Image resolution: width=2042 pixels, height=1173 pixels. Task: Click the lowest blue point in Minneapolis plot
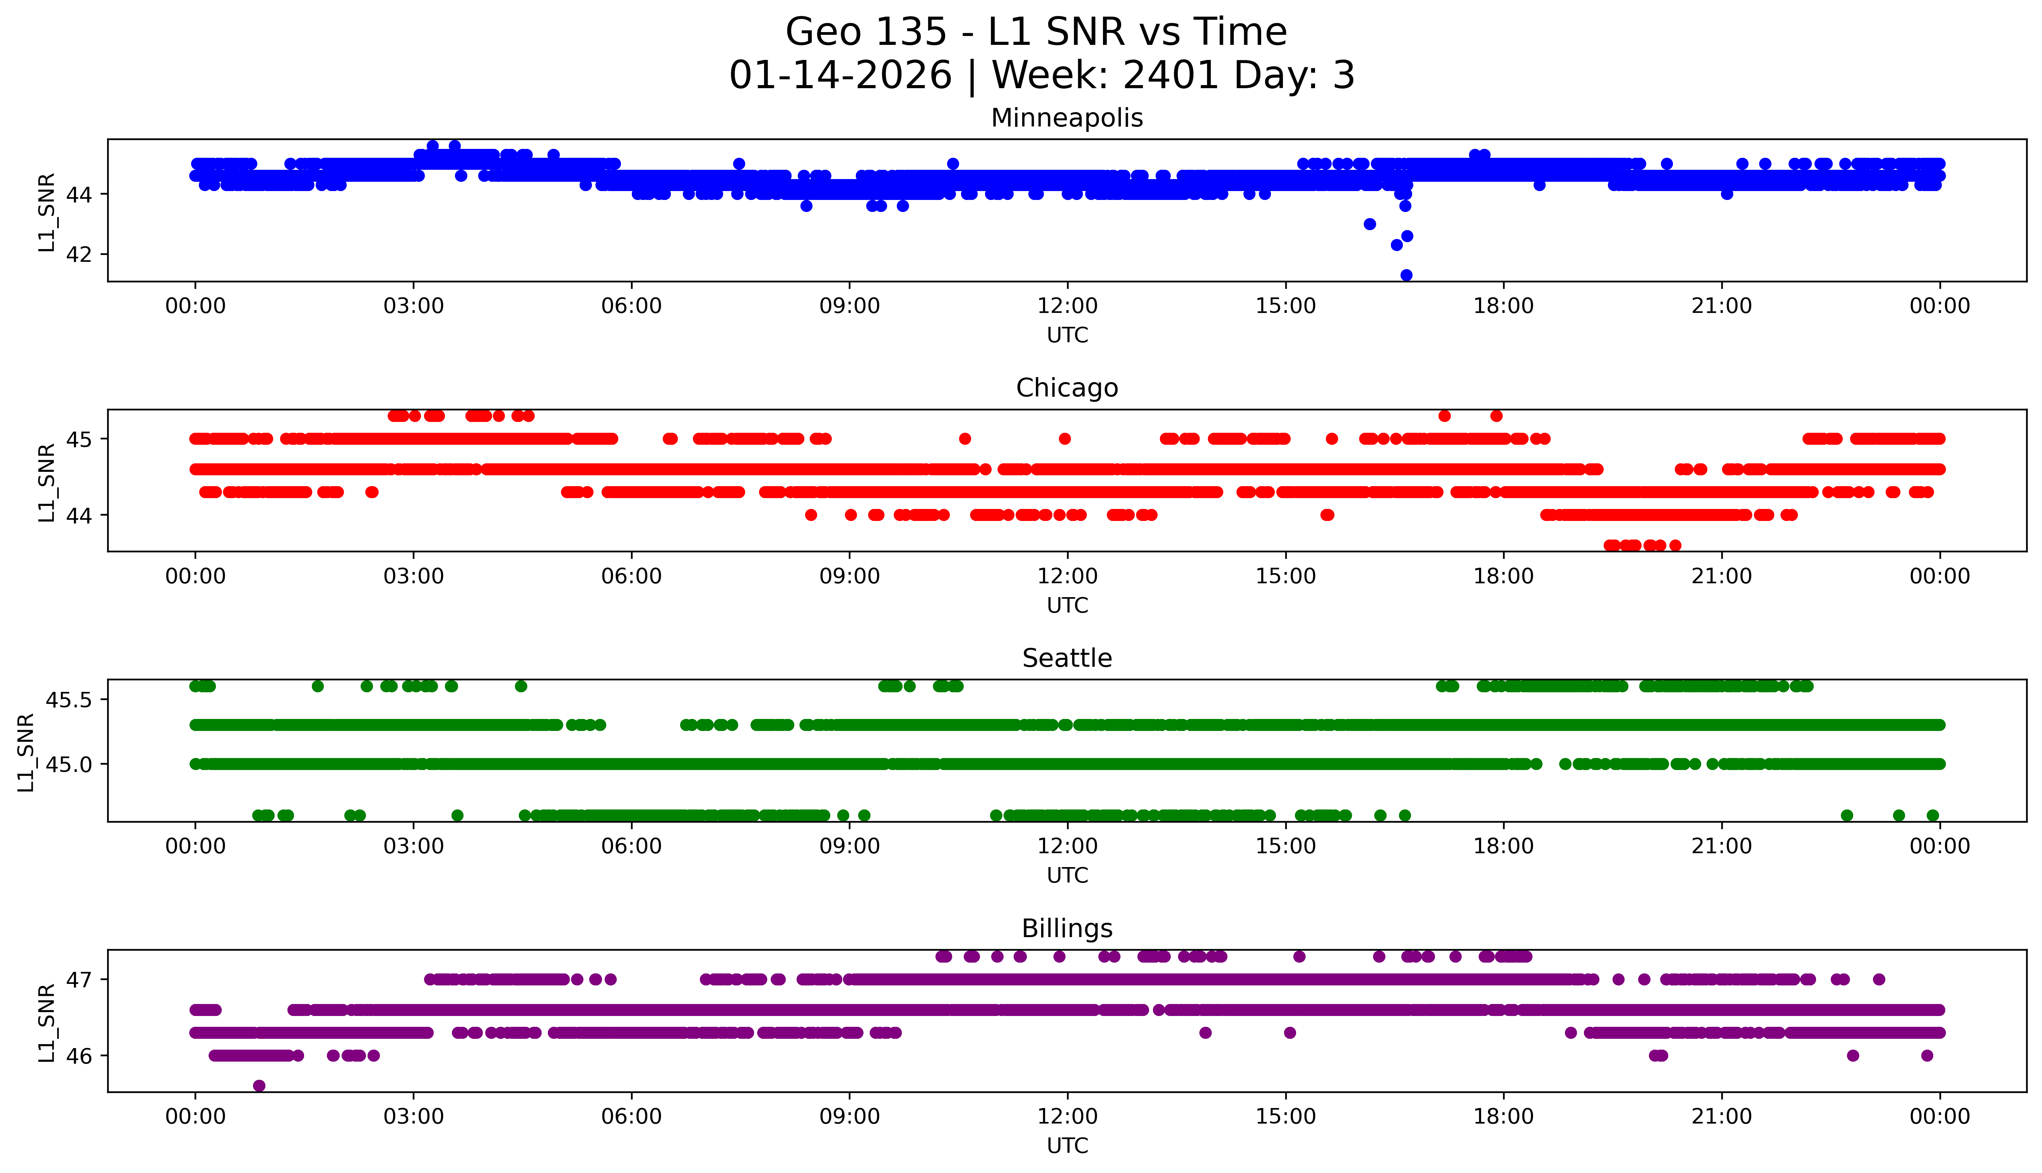point(1406,275)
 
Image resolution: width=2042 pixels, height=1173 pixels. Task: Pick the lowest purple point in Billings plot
point(259,1086)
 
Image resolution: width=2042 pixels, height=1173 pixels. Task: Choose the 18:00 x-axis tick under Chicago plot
point(1503,576)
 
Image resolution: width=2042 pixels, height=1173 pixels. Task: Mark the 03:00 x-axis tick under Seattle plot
point(414,846)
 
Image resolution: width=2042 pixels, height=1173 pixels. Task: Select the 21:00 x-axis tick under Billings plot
point(1721,1117)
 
